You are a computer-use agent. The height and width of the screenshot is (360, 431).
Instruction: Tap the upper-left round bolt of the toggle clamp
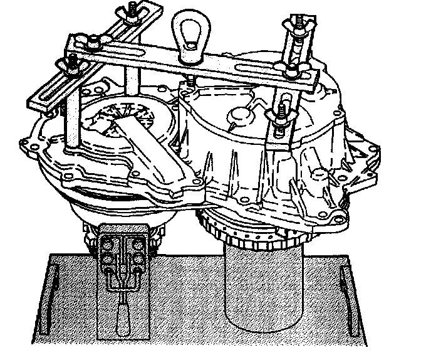[106, 241]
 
